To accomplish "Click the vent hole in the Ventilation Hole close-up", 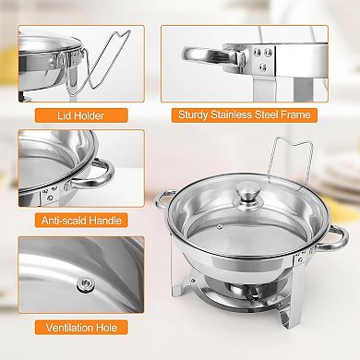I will coord(84,283).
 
